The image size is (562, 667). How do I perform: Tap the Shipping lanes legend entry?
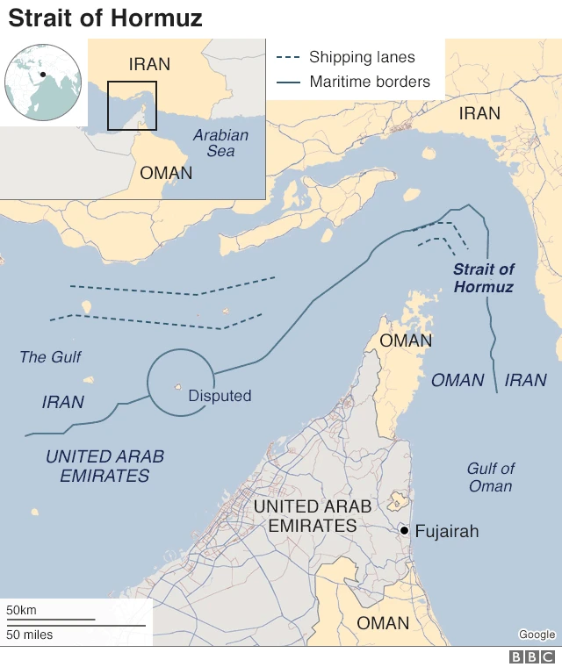click(361, 58)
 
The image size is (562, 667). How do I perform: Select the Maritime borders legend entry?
click(369, 82)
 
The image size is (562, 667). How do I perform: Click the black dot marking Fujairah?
click(403, 531)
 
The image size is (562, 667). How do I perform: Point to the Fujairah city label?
click(446, 531)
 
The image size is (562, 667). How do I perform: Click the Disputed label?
click(220, 396)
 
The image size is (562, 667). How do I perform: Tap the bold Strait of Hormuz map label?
click(484, 278)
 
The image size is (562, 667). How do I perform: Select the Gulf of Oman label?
click(490, 477)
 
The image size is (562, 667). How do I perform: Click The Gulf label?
click(51, 357)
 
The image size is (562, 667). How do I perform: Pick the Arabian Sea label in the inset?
click(220, 143)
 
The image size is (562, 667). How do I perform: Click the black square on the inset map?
click(132, 105)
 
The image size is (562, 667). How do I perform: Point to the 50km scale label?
click(22, 610)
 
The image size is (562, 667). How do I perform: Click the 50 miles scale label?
click(30, 634)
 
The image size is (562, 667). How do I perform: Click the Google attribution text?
click(537, 635)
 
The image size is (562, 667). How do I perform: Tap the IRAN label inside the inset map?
click(149, 64)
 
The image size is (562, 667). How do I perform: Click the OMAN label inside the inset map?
click(166, 173)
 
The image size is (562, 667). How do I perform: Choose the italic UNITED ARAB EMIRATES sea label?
click(104, 466)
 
